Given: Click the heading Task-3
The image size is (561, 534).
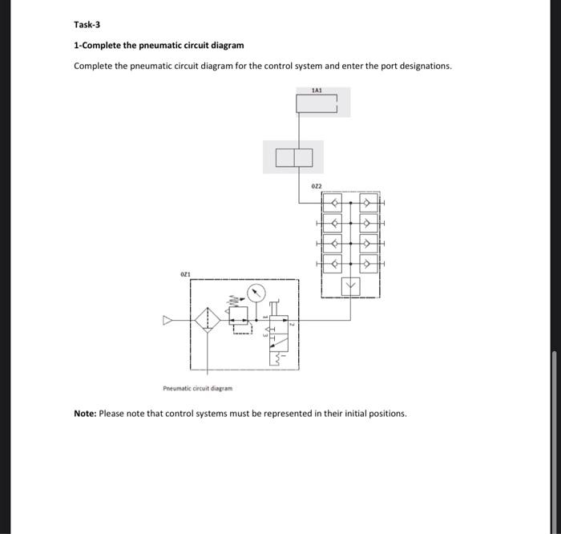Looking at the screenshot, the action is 87,25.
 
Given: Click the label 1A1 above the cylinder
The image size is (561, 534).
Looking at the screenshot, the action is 317,91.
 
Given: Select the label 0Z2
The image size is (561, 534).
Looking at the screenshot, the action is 317,186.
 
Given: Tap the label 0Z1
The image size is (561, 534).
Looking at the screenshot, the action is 185,274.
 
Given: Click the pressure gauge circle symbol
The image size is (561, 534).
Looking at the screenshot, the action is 256,293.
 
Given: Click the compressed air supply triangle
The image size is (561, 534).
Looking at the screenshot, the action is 168,321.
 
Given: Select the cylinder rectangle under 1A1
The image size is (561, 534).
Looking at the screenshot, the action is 318,105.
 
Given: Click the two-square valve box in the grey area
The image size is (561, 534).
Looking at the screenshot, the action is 293,157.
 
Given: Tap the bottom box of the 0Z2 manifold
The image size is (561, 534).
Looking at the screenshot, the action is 350,285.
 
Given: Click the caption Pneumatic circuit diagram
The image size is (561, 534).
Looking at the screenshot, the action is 197,388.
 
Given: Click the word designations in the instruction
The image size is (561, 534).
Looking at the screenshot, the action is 422,66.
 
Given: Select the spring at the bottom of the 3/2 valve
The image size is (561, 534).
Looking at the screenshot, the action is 282,358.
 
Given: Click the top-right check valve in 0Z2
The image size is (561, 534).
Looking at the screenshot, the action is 369,203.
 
